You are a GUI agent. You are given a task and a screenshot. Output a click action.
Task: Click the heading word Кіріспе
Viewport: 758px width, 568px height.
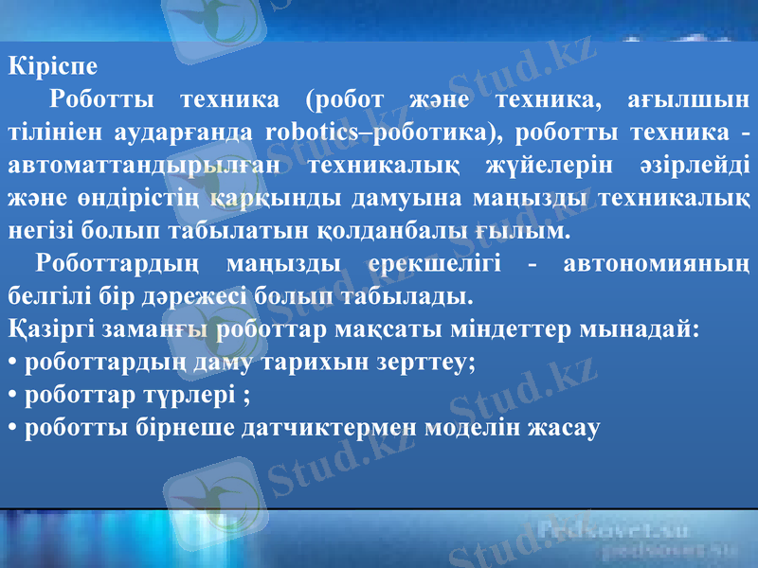click(52, 67)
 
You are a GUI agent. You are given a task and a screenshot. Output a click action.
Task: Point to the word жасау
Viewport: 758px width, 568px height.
click(566, 428)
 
